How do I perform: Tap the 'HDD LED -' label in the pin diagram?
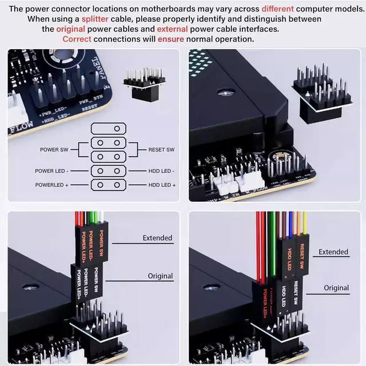pos(161,171)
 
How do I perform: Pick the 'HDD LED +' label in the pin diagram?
pos(162,185)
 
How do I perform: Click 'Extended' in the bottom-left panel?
pos(157,238)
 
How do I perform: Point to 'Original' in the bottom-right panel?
pos(336,288)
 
